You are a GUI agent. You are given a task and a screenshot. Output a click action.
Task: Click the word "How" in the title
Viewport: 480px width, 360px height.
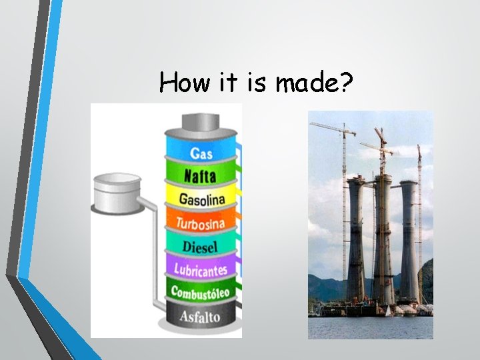179,83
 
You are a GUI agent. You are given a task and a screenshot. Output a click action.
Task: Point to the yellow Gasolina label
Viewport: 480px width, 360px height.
201,199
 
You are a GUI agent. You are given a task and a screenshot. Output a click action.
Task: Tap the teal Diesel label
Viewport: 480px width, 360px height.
200,246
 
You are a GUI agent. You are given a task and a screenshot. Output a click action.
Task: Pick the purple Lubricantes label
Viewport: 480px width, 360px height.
201,269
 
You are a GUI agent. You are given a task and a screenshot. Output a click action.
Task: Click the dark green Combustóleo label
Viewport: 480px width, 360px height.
200,292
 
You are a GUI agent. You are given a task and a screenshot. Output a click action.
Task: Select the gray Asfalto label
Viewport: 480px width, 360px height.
199,315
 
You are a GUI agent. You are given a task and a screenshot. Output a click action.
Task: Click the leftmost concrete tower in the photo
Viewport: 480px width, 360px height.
356,240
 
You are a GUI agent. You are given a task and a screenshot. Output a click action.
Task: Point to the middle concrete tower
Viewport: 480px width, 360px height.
383,240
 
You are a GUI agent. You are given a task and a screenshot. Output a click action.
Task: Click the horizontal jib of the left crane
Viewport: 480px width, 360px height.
331,126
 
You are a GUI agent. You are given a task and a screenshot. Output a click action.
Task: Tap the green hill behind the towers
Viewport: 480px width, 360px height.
427,280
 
